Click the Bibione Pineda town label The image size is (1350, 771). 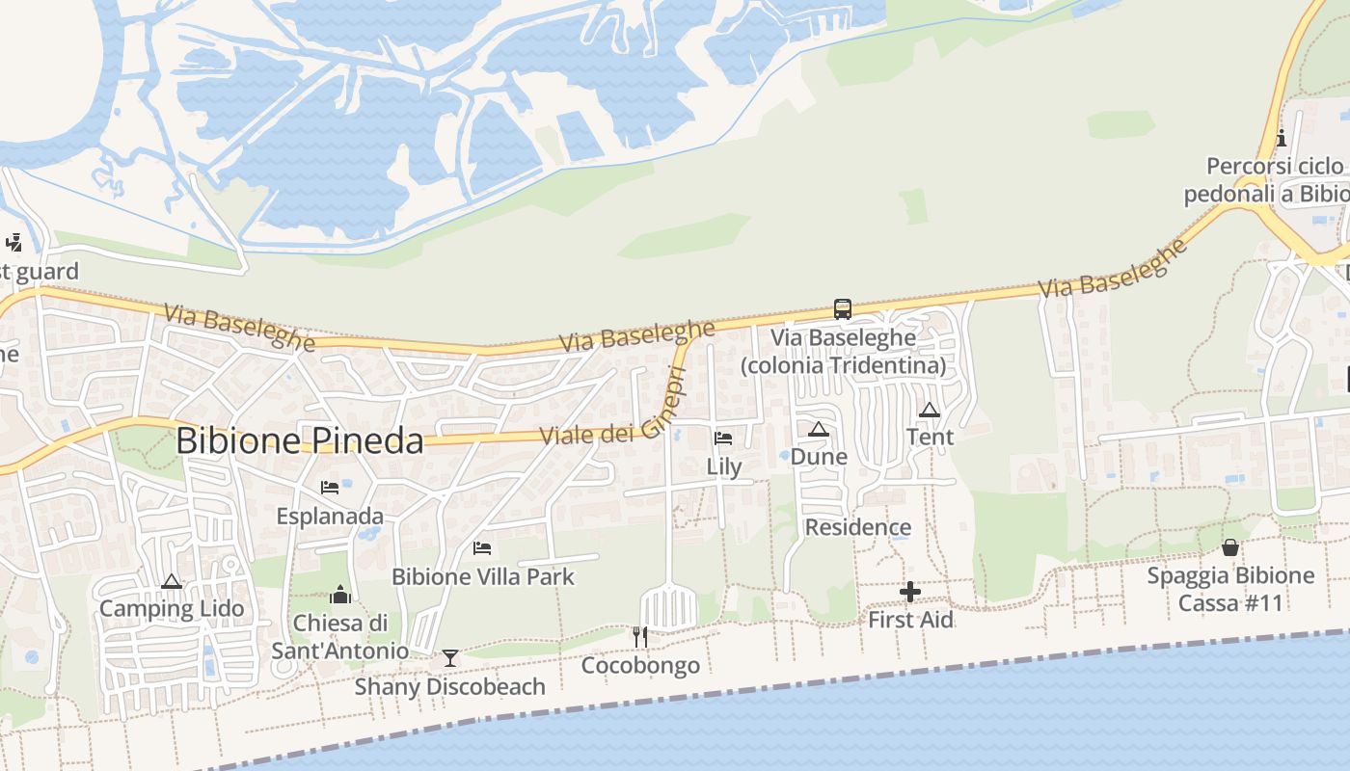299,441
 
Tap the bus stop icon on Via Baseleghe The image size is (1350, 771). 843,309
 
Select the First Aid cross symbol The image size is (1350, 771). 909,592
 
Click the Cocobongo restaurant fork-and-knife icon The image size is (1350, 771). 639,636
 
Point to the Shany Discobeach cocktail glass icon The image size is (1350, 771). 449,658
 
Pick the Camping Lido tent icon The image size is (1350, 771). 172,581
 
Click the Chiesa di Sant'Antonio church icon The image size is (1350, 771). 339,595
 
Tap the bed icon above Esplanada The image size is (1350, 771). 330,488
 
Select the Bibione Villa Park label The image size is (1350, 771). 482,577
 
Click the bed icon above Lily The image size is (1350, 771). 723,439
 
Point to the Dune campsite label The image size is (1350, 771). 819,457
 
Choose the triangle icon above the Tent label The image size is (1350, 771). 930,410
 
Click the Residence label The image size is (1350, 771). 857,527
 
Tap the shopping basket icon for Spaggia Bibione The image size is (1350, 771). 1230,547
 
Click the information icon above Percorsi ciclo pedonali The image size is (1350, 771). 1282,138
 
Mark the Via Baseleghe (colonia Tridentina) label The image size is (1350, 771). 843,352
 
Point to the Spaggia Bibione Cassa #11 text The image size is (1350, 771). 1230,589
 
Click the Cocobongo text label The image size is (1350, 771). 640,666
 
